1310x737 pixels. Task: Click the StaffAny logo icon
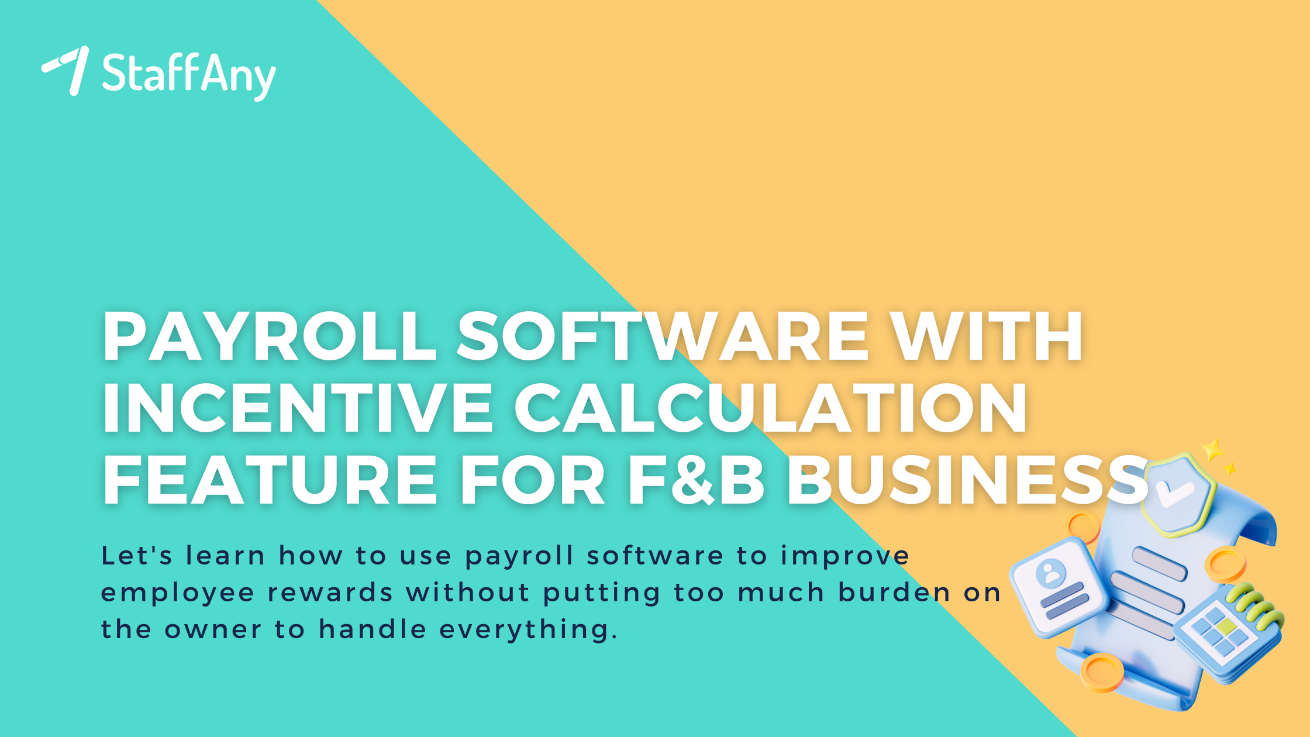tap(67, 70)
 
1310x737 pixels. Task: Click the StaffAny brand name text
tap(188, 75)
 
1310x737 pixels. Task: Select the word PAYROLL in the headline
tap(270, 337)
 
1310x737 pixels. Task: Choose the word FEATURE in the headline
tap(270, 479)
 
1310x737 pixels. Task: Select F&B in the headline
tap(696, 479)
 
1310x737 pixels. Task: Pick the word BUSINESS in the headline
tap(968, 479)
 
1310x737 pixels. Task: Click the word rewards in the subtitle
tap(330, 593)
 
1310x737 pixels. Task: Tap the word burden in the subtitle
tap(895, 593)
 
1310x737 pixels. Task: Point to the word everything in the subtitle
tap(529, 630)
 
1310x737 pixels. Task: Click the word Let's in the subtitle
tap(137, 555)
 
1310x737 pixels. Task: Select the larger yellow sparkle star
tap(1213, 450)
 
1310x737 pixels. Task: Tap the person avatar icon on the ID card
tap(1050, 573)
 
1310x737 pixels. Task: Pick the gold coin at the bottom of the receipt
tap(1102, 673)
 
